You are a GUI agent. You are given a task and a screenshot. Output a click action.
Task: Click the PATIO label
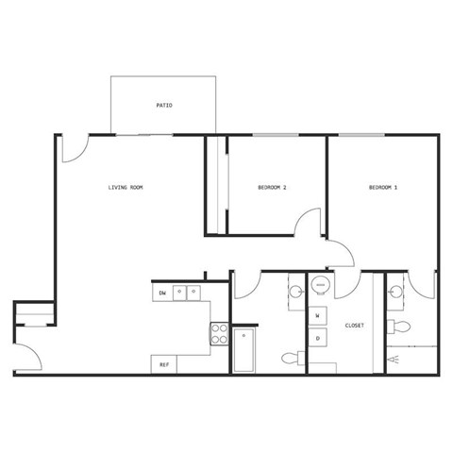(x=164, y=106)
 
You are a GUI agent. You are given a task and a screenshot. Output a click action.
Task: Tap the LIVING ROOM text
(x=125, y=188)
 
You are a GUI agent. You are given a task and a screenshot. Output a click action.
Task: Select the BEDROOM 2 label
(x=272, y=188)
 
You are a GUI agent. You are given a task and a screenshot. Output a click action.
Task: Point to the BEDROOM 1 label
(x=382, y=188)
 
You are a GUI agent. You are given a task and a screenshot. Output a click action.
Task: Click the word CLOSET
(x=354, y=326)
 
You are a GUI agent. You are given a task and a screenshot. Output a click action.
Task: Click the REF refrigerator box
(x=164, y=363)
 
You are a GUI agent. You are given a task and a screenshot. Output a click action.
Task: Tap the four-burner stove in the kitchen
(x=219, y=332)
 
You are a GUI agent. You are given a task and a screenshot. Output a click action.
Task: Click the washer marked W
(x=318, y=314)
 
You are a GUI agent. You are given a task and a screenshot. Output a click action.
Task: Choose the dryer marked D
(x=318, y=338)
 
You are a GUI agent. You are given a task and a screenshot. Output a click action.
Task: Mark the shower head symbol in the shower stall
(x=396, y=360)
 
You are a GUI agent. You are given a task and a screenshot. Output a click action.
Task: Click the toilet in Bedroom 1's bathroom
(x=400, y=327)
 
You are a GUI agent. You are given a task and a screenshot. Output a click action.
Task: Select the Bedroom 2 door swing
(x=310, y=225)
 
